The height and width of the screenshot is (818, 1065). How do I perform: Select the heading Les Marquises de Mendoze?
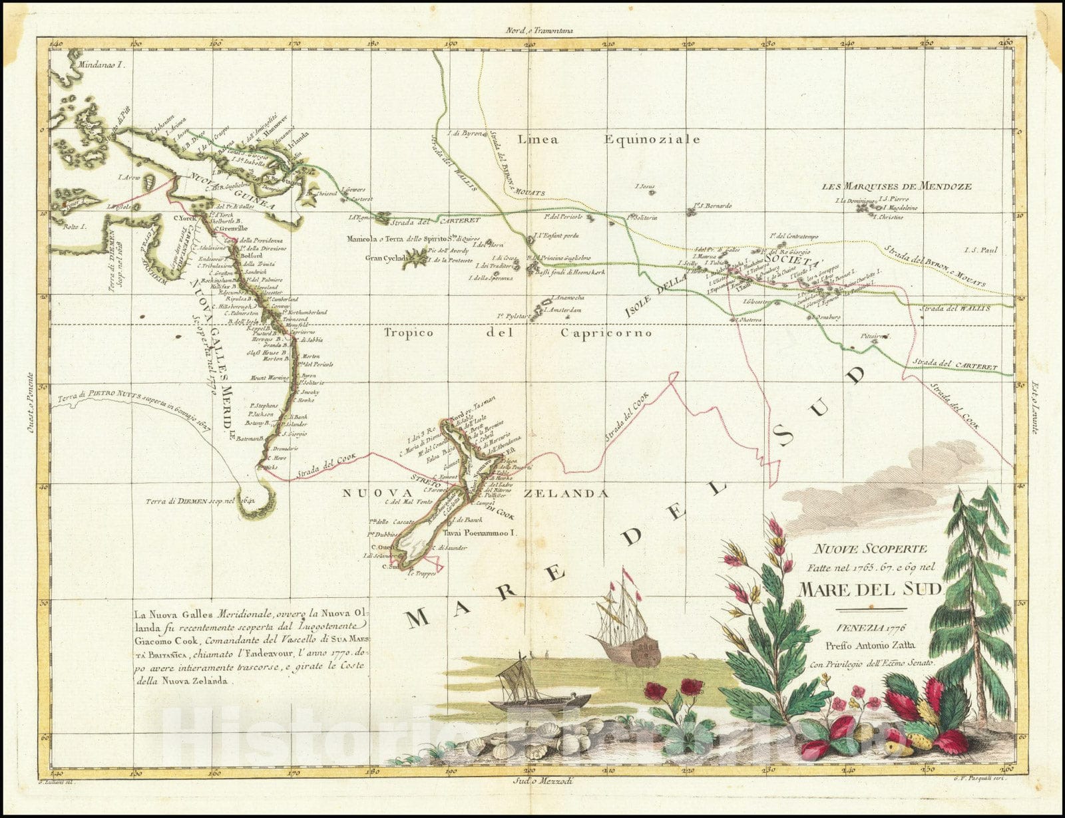(897, 187)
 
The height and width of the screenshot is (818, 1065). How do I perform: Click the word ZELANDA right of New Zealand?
(566, 493)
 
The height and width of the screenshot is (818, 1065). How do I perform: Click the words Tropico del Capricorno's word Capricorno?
(606, 333)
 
